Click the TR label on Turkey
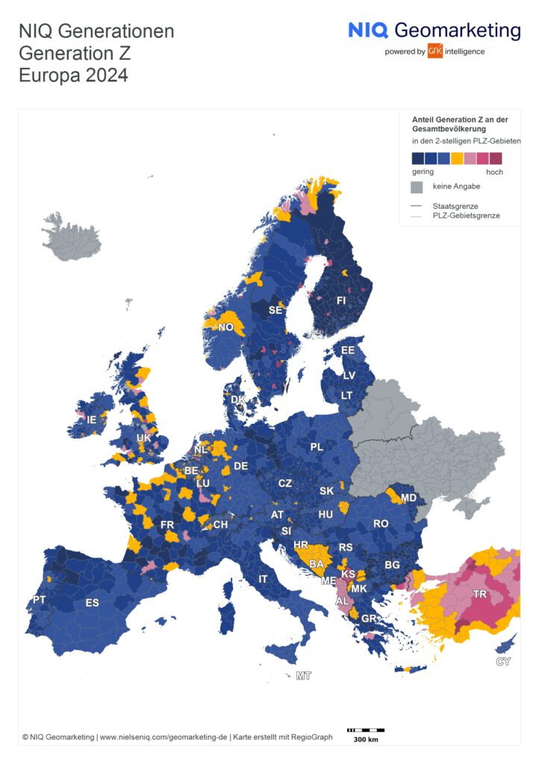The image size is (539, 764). (x=482, y=594)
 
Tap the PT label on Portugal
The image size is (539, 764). (x=39, y=600)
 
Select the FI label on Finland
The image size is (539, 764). (x=341, y=300)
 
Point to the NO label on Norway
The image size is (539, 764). (x=225, y=327)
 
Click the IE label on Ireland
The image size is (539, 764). (x=91, y=420)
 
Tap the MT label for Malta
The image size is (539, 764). (x=303, y=676)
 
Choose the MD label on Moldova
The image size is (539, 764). (x=408, y=498)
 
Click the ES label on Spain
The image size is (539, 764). (x=92, y=603)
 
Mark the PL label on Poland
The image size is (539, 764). (x=317, y=447)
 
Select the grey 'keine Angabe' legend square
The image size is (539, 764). (x=417, y=187)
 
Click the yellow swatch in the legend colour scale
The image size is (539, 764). (x=457, y=158)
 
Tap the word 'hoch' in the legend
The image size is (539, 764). (x=494, y=172)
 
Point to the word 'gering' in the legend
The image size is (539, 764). (x=423, y=172)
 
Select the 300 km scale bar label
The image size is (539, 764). (x=365, y=739)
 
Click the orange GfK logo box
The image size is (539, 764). (x=434, y=51)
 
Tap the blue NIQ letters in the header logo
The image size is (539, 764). (x=367, y=30)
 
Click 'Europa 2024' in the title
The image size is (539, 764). (x=73, y=75)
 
